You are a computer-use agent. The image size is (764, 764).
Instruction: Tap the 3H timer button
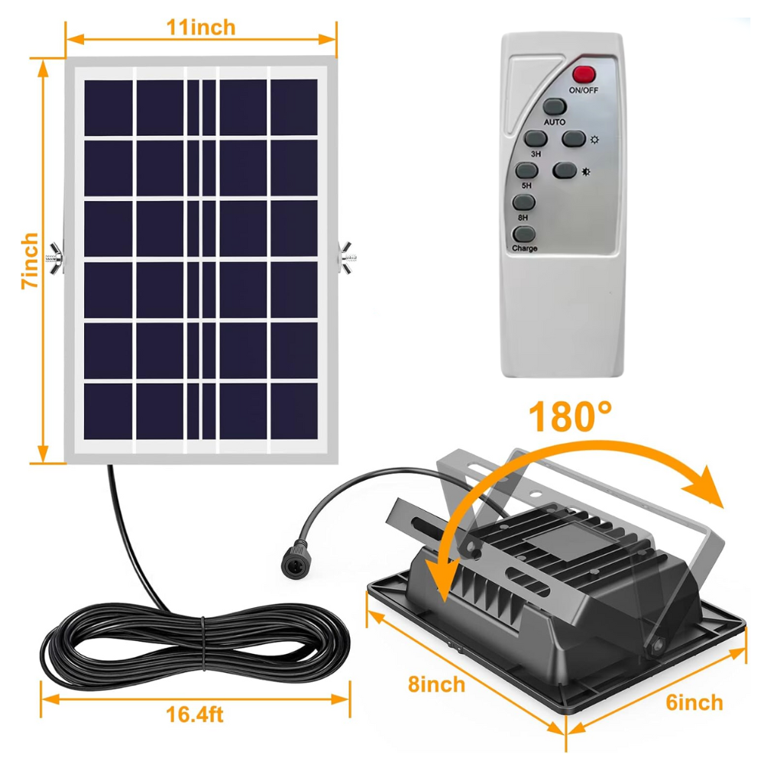pyautogui.click(x=536, y=138)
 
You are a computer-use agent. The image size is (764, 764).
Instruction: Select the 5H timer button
pyautogui.click(x=526, y=170)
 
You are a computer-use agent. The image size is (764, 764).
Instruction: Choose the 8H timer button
pyautogui.click(x=523, y=202)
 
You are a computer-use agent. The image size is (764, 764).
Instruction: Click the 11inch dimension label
pyautogui.click(x=201, y=28)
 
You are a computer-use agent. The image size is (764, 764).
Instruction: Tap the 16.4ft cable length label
pyautogui.click(x=195, y=715)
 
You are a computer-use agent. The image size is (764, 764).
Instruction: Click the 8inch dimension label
pyautogui.click(x=436, y=684)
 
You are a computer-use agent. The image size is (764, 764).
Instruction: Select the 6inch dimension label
pyautogui.click(x=694, y=702)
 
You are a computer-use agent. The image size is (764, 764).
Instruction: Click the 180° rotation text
pyautogui.click(x=571, y=418)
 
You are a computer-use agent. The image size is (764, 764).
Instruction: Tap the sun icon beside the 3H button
pyautogui.click(x=594, y=140)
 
